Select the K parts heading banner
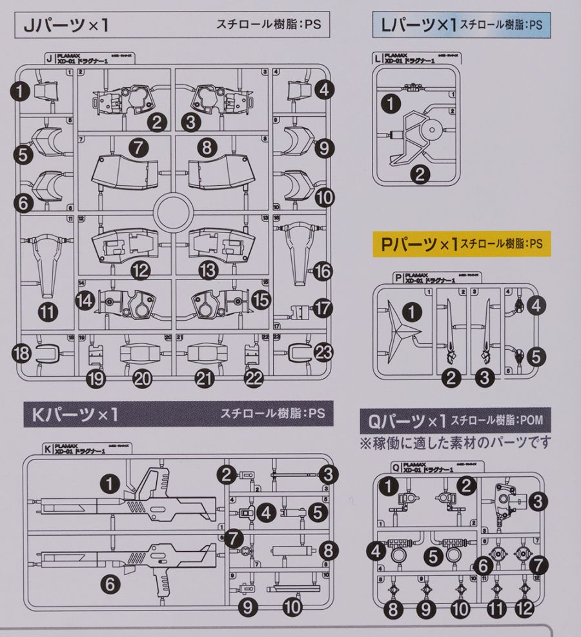coord(71,413)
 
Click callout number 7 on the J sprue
coord(138,148)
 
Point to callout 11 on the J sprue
coord(48,313)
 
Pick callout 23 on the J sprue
coord(324,352)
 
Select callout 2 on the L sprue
coord(420,174)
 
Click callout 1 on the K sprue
coord(111,481)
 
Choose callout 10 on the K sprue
coord(291,606)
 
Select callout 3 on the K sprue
coord(330,475)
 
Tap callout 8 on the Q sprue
coord(394,607)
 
